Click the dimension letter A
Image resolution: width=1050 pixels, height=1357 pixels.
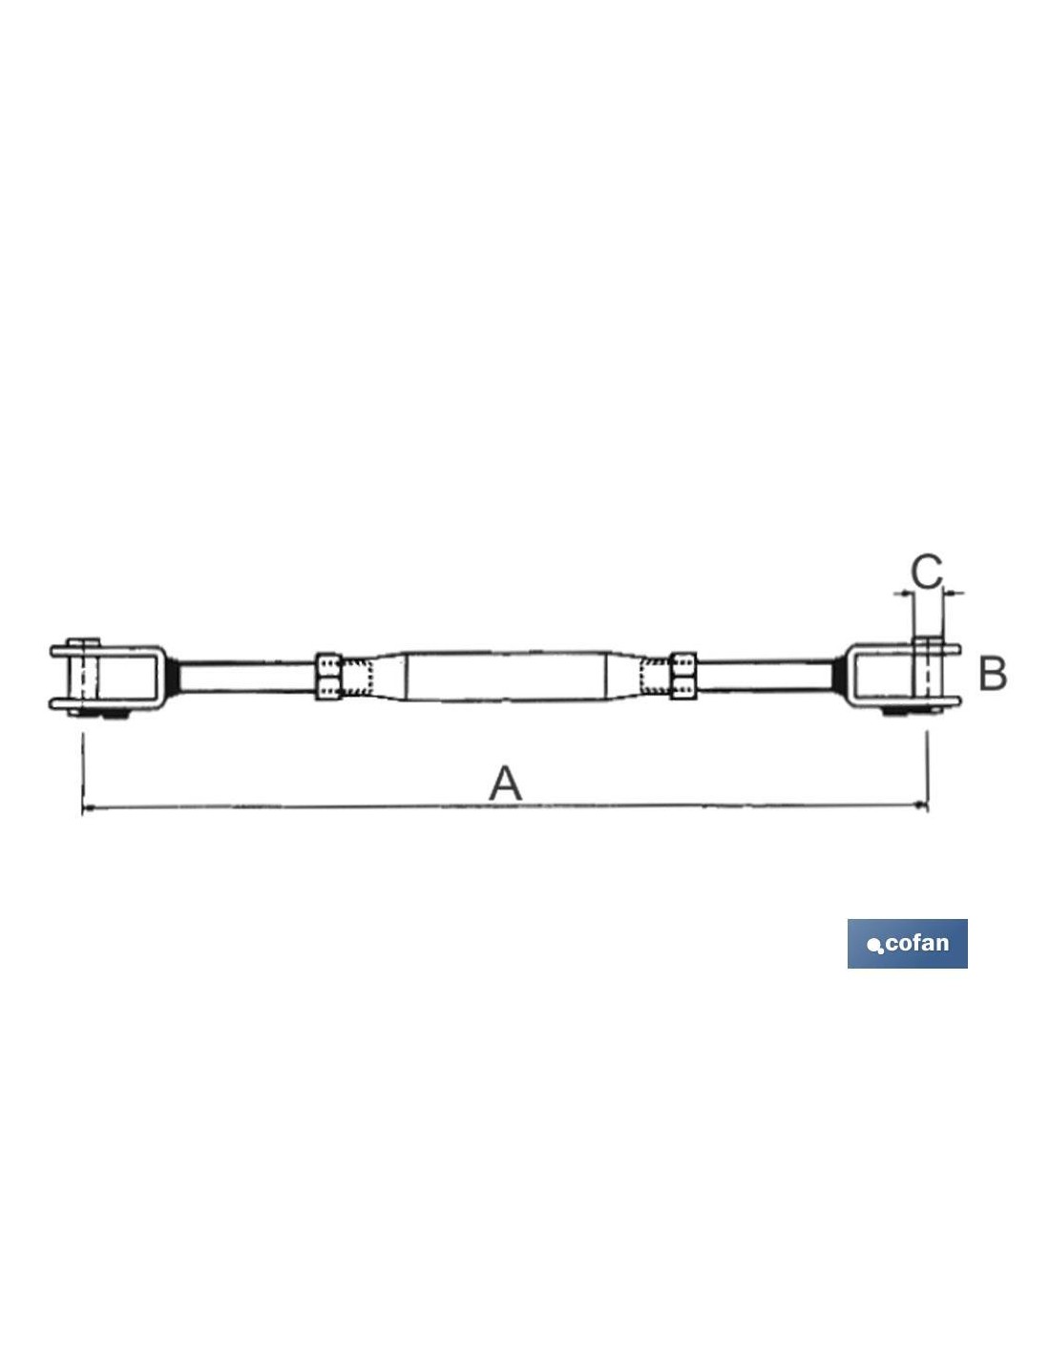point(505,784)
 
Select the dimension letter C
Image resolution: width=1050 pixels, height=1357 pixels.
point(926,572)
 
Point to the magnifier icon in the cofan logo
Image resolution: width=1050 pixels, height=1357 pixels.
point(875,947)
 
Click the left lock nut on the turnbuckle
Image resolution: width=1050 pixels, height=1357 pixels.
point(328,677)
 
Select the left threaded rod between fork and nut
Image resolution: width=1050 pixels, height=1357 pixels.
point(247,677)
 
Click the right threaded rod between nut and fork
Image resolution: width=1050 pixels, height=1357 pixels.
point(765,677)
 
